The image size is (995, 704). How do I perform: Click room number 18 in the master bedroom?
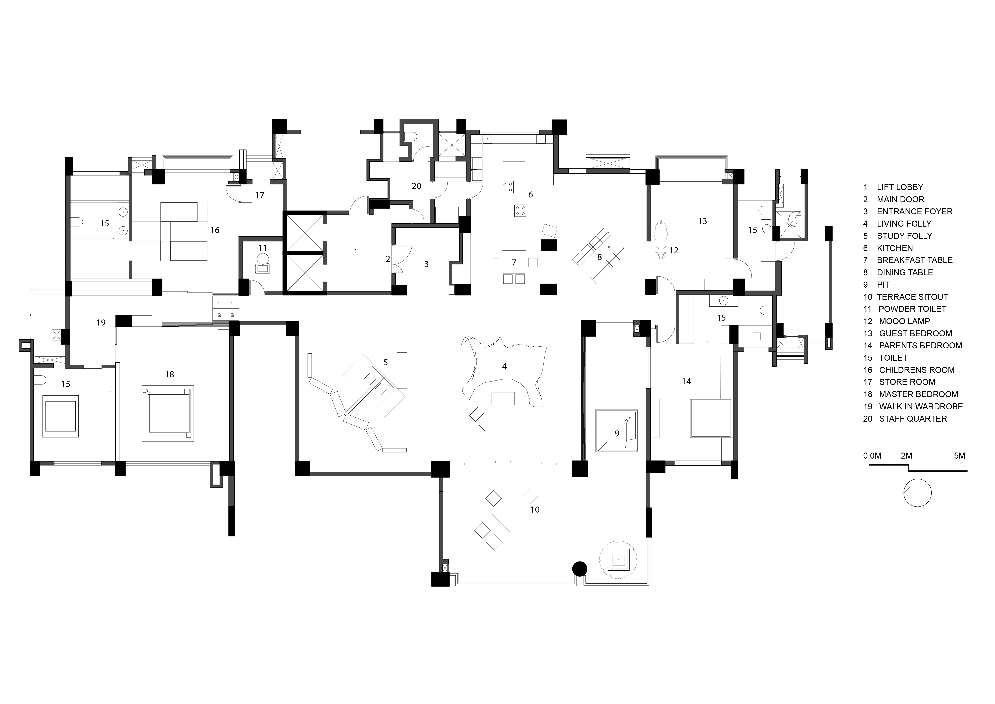pos(169,374)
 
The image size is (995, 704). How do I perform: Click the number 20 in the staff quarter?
pos(416,186)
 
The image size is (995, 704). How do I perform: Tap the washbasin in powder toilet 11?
pos(263,269)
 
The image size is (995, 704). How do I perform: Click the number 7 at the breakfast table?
pos(514,262)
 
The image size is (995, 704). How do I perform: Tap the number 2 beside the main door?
pos(388,259)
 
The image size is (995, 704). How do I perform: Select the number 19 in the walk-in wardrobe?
pos(101,322)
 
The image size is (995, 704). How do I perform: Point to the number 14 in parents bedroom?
pos(686,382)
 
